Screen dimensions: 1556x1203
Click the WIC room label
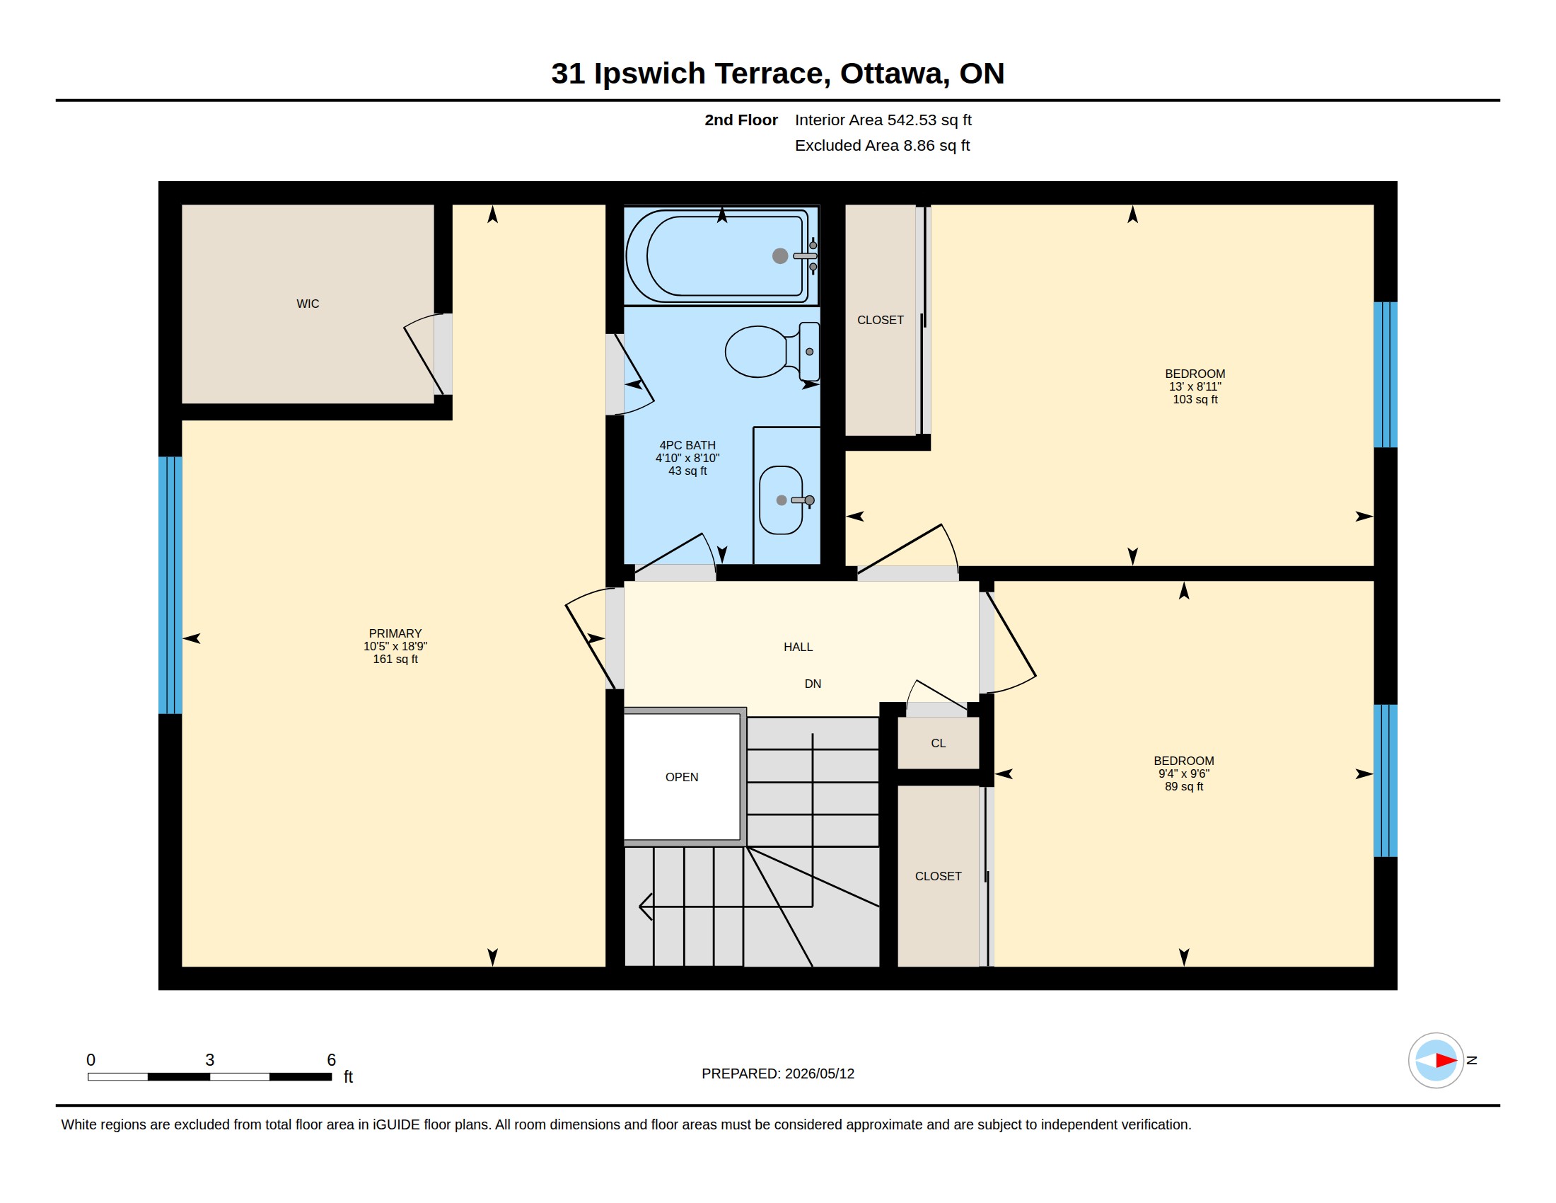308,304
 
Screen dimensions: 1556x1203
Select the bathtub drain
780,256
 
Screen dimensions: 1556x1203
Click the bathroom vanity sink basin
781,500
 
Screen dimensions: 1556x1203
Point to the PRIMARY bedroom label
395,633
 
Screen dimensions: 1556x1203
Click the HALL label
798,647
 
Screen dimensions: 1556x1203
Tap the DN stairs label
813,684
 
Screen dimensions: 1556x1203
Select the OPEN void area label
682,778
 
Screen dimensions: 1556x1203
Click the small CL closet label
939,743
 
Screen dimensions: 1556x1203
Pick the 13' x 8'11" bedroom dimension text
1195,387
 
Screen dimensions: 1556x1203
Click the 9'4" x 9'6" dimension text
1184,774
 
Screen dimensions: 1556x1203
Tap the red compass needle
1446,1061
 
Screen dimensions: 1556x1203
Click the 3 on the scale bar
209,1060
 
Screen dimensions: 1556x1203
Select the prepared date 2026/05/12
819,1074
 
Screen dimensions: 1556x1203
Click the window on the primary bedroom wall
170,585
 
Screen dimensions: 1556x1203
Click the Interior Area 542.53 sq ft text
883,120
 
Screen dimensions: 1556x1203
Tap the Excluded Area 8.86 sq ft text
882,146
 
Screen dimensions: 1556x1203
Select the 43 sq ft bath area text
687,471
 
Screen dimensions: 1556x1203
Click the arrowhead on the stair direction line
646,906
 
